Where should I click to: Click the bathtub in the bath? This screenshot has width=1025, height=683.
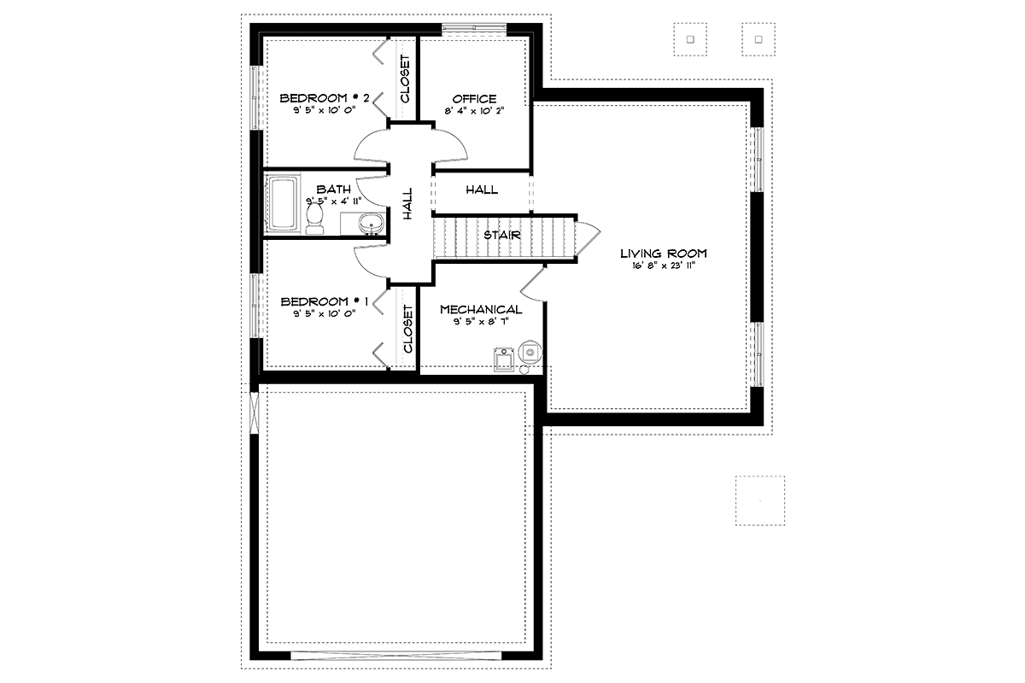tap(284, 203)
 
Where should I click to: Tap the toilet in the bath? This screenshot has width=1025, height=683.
tap(314, 219)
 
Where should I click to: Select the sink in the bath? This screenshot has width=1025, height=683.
tap(371, 225)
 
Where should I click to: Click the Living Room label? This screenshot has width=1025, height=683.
tap(664, 254)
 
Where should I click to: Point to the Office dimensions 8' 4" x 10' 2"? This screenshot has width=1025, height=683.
tap(474, 111)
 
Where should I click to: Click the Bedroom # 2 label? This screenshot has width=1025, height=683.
tap(325, 98)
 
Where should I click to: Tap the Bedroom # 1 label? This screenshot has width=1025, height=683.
tap(325, 301)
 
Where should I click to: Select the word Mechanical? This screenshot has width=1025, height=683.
tap(481, 310)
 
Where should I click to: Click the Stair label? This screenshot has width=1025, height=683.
tap(502, 235)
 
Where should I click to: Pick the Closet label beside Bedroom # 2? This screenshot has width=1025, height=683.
tap(406, 79)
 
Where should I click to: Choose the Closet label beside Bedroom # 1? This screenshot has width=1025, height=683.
tap(408, 329)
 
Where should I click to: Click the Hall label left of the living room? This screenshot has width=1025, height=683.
tap(482, 190)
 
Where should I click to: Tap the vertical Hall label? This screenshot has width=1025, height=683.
tap(407, 203)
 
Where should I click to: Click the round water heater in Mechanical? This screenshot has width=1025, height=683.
tap(530, 352)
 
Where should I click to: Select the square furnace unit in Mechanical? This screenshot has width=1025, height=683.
tap(504, 360)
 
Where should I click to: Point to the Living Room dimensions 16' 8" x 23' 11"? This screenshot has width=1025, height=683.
tap(664, 266)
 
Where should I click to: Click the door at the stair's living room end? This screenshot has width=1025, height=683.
tap(588, 238)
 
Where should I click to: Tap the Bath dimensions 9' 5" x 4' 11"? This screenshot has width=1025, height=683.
tap(334, 201)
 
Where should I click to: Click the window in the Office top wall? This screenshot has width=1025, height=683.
tap(474, 28)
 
